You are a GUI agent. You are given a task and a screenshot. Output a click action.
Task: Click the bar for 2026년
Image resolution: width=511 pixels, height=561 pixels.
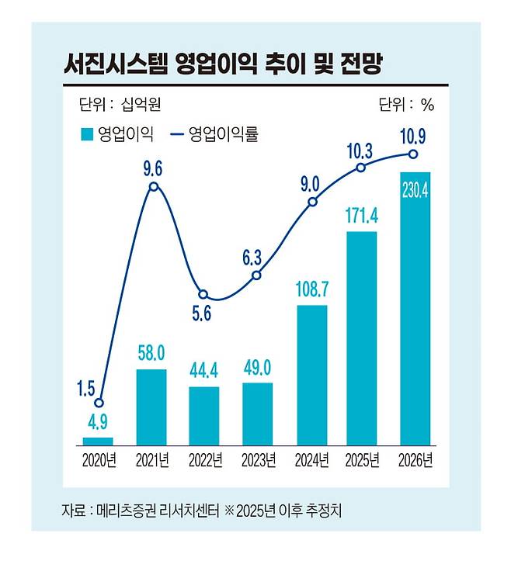point(415,310)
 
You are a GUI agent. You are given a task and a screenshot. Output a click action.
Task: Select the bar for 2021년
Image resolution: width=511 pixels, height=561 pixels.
point(151,408)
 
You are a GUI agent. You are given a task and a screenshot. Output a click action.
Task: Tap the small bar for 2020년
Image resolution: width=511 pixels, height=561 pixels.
point(99,441)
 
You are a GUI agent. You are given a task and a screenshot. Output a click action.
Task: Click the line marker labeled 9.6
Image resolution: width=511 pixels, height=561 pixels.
point(154,187)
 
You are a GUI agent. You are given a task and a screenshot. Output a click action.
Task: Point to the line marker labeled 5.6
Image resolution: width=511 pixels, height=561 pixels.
point(203,295)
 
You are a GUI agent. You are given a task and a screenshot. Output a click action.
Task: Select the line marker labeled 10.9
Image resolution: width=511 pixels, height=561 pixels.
point(415,154)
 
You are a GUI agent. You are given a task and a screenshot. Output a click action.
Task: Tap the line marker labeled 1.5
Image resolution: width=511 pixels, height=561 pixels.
point(99,403)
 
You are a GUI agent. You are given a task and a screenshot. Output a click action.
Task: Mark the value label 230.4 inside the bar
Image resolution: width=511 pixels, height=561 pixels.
point(415,190)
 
